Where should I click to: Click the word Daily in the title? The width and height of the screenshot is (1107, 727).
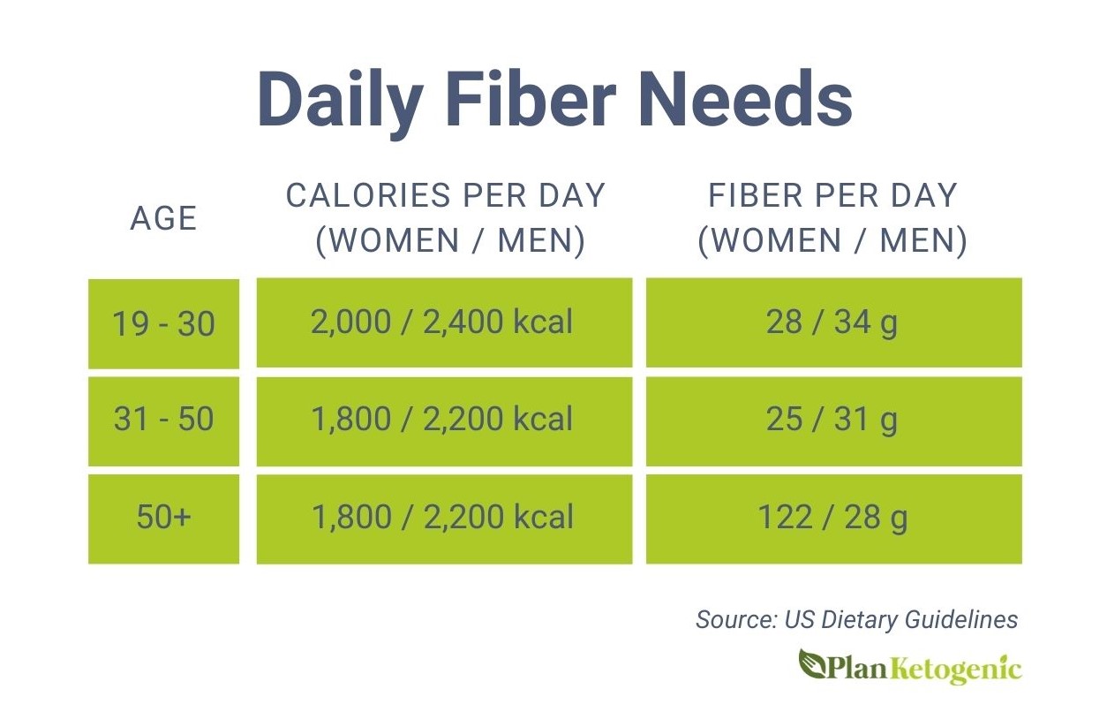341,102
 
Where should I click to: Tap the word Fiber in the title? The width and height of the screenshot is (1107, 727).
531,99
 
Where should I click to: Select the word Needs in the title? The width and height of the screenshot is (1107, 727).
746,99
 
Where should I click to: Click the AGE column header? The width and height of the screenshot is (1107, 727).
163,218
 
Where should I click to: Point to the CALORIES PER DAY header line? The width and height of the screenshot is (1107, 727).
445,195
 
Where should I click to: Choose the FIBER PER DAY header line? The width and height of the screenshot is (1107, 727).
833,195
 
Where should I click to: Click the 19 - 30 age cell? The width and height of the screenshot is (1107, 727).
163,323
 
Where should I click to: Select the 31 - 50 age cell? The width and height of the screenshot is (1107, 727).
163,420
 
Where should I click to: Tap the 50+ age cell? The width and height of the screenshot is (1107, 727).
163,519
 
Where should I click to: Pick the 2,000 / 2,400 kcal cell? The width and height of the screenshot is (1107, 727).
444,322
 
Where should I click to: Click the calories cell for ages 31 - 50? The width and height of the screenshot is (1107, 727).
444,420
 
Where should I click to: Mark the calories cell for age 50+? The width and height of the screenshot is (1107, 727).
444,519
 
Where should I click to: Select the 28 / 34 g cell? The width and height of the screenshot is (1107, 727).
834,322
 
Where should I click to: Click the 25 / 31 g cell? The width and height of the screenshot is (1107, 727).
834,420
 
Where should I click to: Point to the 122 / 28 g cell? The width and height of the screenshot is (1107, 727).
834,519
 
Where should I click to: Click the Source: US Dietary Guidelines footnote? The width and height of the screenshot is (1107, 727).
857,620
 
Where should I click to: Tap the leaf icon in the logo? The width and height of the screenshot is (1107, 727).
811,663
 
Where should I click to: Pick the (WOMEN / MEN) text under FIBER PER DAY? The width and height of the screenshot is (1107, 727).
832,241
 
